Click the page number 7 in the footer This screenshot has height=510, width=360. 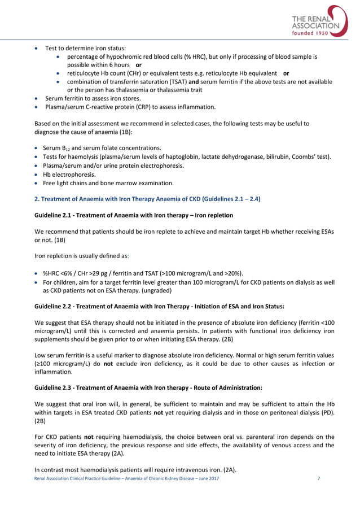pos(319,478)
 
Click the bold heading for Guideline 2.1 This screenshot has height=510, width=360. pos(133,215)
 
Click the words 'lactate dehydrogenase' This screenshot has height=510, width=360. pos(235,156)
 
